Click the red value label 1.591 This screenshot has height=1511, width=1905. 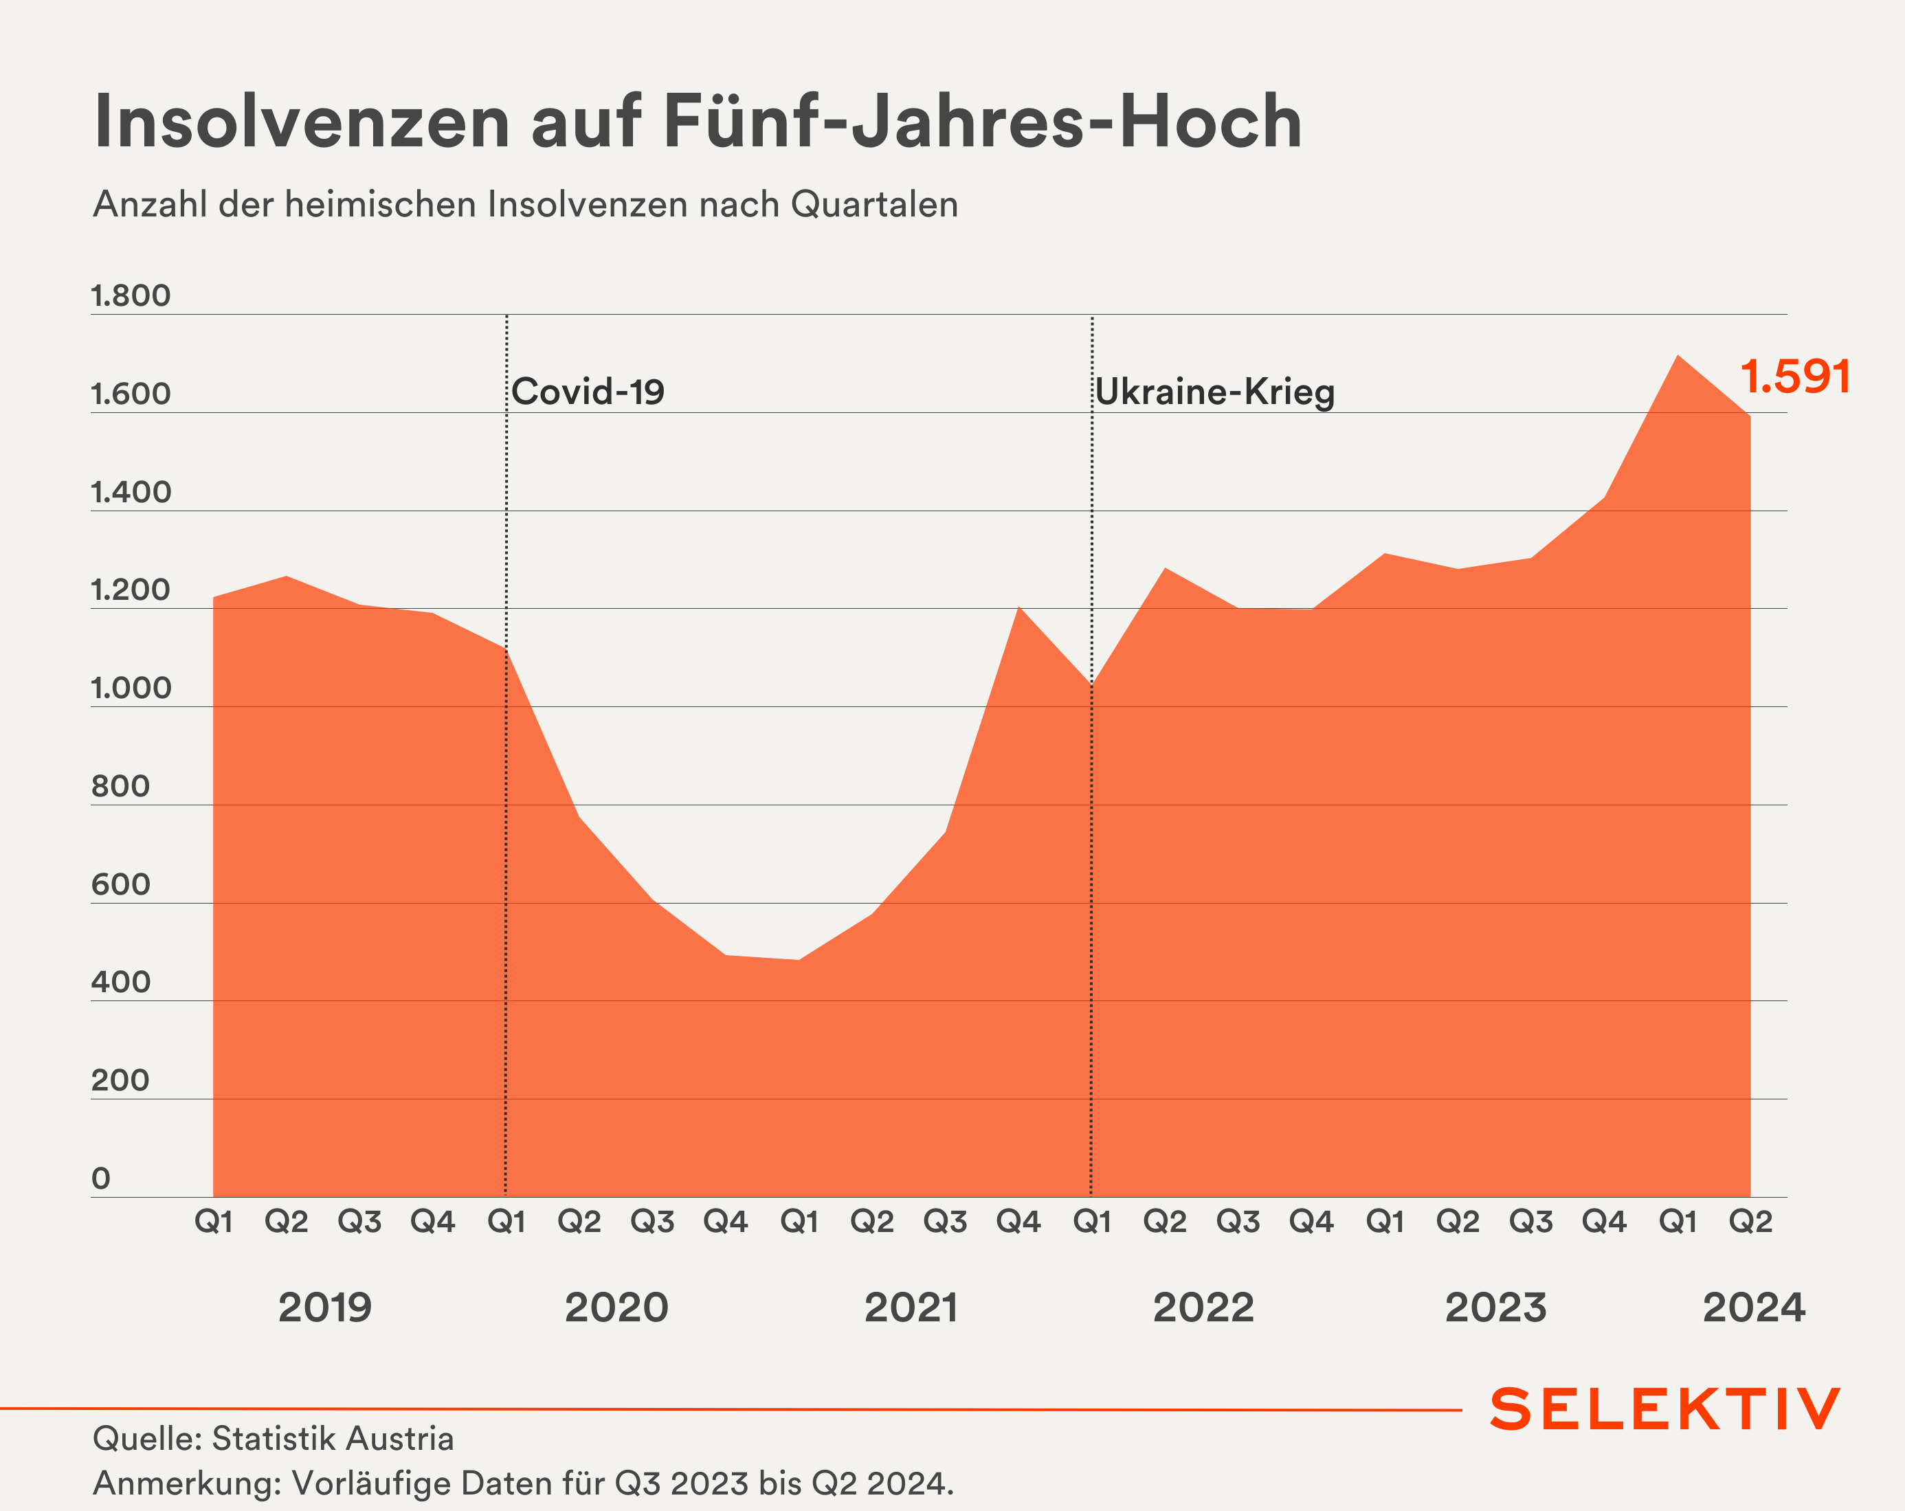click(1794, 377)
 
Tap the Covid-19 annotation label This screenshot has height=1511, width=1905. click(588, 392)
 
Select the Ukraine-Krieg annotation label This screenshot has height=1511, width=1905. click(1215, 392)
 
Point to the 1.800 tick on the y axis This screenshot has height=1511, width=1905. click(131, 296)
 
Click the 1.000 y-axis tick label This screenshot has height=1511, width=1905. click(131, 689)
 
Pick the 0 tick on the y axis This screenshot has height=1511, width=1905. click(102, 1178)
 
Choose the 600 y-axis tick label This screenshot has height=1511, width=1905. click(120, 884)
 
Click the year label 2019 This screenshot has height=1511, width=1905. click(325, 1308)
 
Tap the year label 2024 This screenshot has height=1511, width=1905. click(1754, 1308)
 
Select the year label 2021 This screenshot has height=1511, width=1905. click(911, 1308)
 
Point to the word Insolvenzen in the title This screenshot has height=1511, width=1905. click(302, 122)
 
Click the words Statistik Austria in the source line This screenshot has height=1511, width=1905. click(333, 1439)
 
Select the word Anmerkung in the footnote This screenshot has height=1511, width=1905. click(186, 1483)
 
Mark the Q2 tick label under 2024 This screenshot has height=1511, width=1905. click(1750, 1222)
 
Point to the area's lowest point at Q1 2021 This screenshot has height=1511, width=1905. click(799, 960)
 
